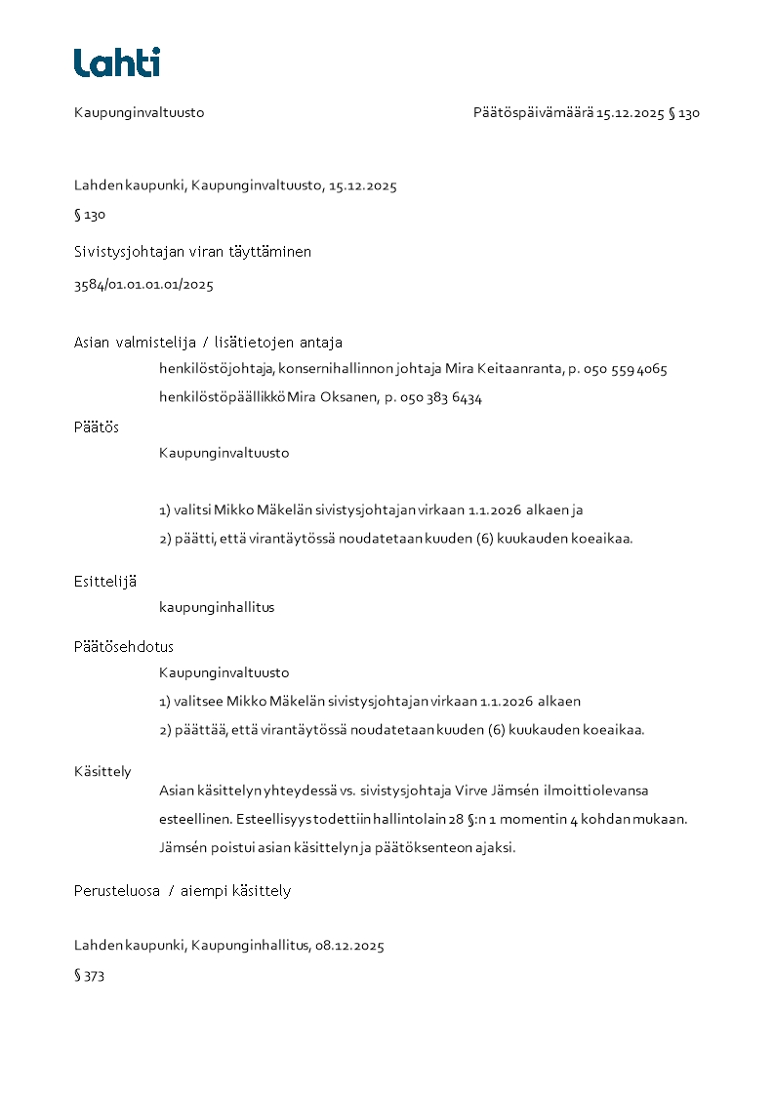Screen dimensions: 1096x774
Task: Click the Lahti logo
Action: (117, 62)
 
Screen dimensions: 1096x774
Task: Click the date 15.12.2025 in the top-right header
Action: (631, 113)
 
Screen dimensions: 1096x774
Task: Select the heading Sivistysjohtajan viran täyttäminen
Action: (192, 252)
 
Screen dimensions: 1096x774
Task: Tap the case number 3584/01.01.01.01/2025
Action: (143, 286)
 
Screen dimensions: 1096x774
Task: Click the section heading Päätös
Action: (97, 427)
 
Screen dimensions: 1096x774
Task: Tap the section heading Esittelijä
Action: (105, 582)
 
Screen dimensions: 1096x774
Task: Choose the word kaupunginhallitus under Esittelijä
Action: (217, 607)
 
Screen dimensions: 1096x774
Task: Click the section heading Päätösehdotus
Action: (124, 647)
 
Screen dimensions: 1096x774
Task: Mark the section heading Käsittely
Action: (102, 772)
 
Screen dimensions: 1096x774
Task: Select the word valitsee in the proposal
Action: (195, 702)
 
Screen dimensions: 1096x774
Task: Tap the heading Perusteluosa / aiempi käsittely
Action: (183, 891)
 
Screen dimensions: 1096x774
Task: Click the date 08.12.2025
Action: (349, 946)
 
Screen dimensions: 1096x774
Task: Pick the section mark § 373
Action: (90, 976)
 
